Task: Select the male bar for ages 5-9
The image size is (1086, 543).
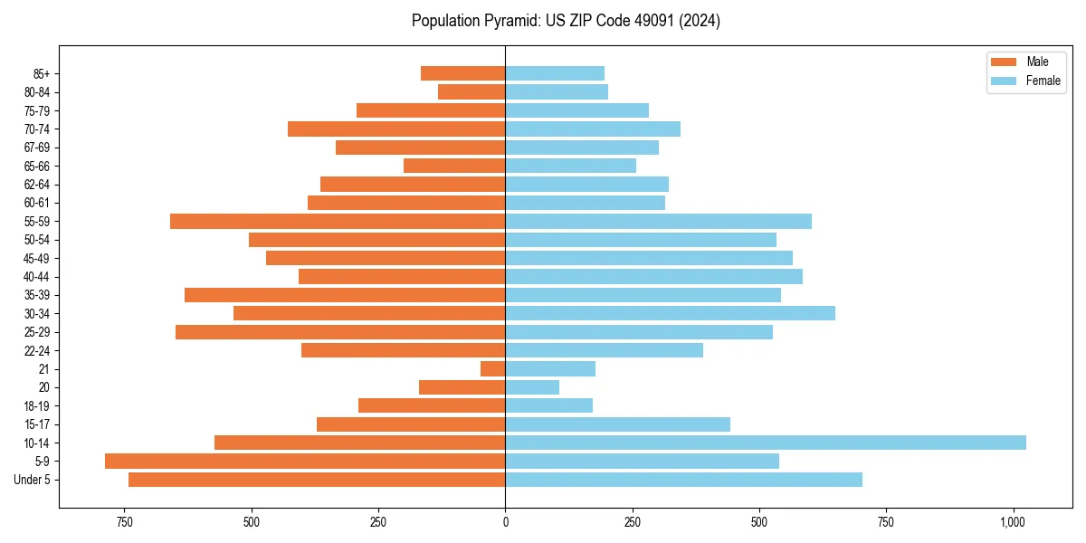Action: (x=305, y=461)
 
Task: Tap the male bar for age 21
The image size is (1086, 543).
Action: (x=492, y=368)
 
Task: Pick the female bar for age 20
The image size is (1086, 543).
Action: (x=532, y=387)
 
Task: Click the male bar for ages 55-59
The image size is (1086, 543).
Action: (x=338, y=221)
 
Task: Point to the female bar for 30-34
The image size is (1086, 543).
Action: (x=670, y=313)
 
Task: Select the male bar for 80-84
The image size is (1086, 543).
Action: (x=472, y=91)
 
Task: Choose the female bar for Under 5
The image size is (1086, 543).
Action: (x=683, y=480)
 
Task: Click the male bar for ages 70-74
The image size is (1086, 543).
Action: (x=396, y=129)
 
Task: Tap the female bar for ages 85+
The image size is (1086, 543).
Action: (x=555, y=73)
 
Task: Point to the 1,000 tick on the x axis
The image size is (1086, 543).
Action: (x=1013, y=522)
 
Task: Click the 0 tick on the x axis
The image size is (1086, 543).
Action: (x=505, y=522)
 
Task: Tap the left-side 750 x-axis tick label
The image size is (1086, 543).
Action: (x=125, y=522)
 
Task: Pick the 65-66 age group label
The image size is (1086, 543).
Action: (x=36, y=166)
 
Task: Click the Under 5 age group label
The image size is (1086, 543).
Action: (x=33, y=480)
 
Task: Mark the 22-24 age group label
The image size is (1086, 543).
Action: (x=36, y=350)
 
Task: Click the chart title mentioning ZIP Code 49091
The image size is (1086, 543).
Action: (x=566, y=21)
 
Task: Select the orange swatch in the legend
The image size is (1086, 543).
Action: (x=1005, y=62)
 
